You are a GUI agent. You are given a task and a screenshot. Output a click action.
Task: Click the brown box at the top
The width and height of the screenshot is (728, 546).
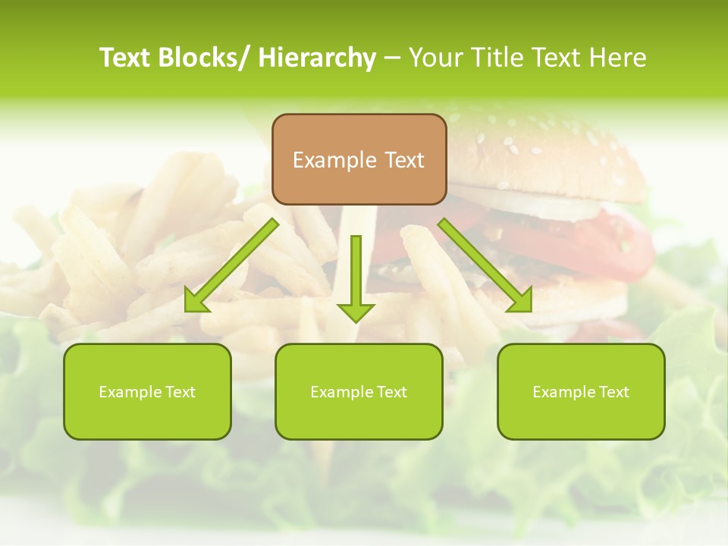[x=359, y=159]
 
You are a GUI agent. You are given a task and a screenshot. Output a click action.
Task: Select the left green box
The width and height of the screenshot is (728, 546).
[x=147, y=391]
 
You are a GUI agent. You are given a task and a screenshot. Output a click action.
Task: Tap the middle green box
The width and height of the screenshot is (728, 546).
[x=359, y=391]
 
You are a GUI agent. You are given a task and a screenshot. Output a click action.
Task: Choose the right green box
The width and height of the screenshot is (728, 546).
[x=581, y=391]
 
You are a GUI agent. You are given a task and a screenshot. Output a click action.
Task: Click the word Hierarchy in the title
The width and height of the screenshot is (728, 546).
[x=317, y=58]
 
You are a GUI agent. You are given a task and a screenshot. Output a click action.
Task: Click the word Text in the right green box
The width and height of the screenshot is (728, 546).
[x=612, y=392]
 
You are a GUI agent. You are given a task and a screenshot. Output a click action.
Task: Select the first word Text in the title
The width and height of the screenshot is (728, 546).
[x=126, y=58]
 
